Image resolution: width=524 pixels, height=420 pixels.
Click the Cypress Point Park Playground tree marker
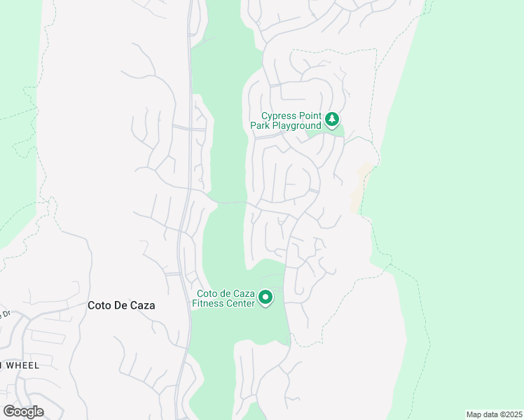pos(332,120)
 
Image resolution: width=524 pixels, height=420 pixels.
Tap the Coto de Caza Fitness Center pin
pos(266,298)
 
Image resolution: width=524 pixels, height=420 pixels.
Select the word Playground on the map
pos(295,125)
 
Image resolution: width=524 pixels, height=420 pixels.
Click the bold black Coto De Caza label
pos(121,305)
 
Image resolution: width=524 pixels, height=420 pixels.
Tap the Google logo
pos(23,411)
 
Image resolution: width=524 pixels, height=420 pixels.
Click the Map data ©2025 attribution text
pos(494,414)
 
